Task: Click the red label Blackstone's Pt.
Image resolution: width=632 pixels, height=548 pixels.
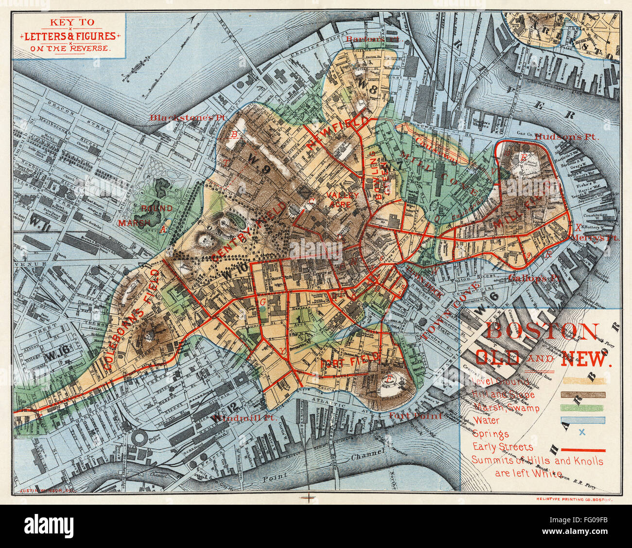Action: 178,117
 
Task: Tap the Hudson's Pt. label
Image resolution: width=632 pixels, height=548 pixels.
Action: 567,137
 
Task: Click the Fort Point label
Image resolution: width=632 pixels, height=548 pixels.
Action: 415,415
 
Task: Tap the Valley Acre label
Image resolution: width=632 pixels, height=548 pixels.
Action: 342,200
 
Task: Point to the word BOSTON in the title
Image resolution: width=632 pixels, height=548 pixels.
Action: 542,332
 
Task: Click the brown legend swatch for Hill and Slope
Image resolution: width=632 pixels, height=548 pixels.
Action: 583,394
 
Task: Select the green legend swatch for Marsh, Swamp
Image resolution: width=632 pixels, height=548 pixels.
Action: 583,407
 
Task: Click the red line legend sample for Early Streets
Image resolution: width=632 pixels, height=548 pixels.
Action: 583,450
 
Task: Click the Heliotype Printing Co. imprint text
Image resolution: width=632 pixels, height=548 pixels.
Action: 574,499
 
